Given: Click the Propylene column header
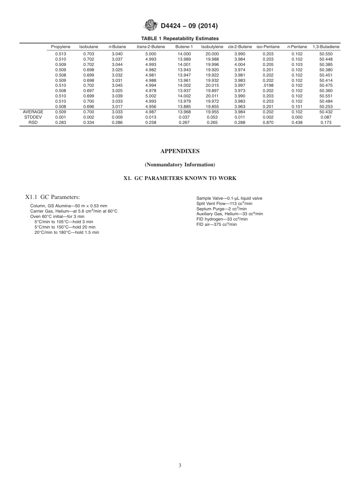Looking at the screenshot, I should (61, 47).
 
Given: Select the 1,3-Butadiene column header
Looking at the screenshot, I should (326, 47).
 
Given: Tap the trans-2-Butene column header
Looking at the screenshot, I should (150, 47).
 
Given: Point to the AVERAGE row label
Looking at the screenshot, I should (33, 112).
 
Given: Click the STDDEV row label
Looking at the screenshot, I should (33, 117).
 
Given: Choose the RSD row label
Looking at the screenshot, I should (33, 122).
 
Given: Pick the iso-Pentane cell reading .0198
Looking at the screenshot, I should (268, 85).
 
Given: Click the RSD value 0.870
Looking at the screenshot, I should (268, 122).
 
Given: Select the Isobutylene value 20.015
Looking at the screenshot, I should (212, 85).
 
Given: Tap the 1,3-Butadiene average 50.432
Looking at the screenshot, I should (326, 112).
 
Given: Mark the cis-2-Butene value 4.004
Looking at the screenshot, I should (240, 64).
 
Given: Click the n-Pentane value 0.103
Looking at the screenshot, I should (297, 64).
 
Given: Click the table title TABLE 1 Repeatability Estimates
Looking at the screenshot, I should (180, 38).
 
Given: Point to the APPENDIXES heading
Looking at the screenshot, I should (180, 151).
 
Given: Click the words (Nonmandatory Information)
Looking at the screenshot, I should (180, 164).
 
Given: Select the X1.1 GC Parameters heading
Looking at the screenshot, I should (52, 197).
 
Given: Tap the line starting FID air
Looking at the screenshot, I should (216, 224).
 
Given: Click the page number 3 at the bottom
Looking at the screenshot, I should (180, 465).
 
